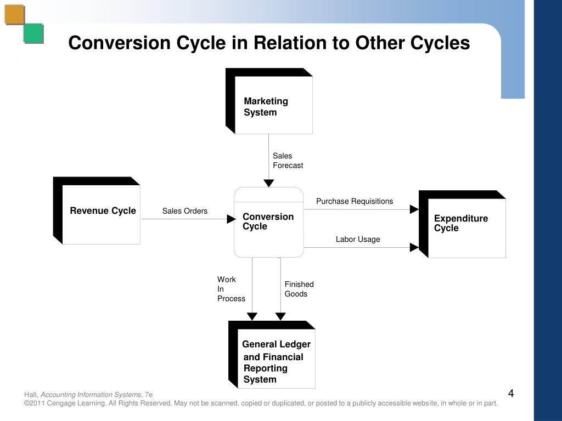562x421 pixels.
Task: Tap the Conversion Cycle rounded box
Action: point(269,222)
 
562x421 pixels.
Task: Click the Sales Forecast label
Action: point(288,161)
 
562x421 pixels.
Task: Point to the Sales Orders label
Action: point(185,211)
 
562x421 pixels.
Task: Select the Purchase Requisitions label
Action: point(355,201)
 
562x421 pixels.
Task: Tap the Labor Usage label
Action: point(358,239)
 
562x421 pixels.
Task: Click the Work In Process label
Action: point(231,289)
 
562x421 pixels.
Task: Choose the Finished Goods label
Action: point(299,289)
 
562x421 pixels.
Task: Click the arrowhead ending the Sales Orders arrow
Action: point(231,219)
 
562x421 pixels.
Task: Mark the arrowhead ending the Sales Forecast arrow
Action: point(269,183)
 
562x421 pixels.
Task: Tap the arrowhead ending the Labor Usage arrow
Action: point(414,248)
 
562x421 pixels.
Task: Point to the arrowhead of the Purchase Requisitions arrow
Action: point(414,209)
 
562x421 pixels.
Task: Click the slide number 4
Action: point(510,394)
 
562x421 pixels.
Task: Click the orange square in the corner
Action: point(14,14)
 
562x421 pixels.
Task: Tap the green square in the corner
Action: point(33,33)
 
